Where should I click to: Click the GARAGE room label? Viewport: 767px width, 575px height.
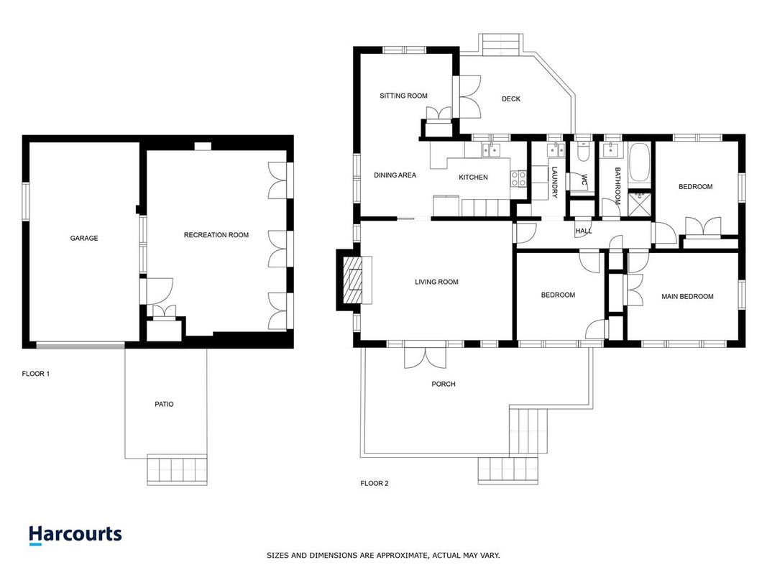[84, 238]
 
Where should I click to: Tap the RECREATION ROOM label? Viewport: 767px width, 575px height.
[216, 235]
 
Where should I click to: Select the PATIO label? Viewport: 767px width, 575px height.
[165, 404]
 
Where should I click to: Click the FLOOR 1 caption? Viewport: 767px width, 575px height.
[36, 374]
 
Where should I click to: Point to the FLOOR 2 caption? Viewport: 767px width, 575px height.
[375, 483]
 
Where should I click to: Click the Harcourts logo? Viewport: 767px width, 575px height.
[75, 535]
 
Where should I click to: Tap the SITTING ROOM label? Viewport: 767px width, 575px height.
[403, 96]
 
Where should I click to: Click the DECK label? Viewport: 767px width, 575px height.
[511, 98]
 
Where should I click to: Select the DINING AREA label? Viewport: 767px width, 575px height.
[395, 175]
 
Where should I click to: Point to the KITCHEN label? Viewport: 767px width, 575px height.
[473, 177]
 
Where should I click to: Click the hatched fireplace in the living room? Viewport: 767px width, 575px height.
[353, 280]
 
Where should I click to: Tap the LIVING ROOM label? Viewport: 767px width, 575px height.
[436, 282]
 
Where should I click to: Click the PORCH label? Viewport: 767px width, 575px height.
[444, 384]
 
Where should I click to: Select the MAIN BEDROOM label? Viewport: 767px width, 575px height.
[687, 296]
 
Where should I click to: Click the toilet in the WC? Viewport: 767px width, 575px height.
[583, 152]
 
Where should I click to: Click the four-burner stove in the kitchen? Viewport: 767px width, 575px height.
[518, 178]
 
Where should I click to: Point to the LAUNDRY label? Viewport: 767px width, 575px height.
[554, 183]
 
